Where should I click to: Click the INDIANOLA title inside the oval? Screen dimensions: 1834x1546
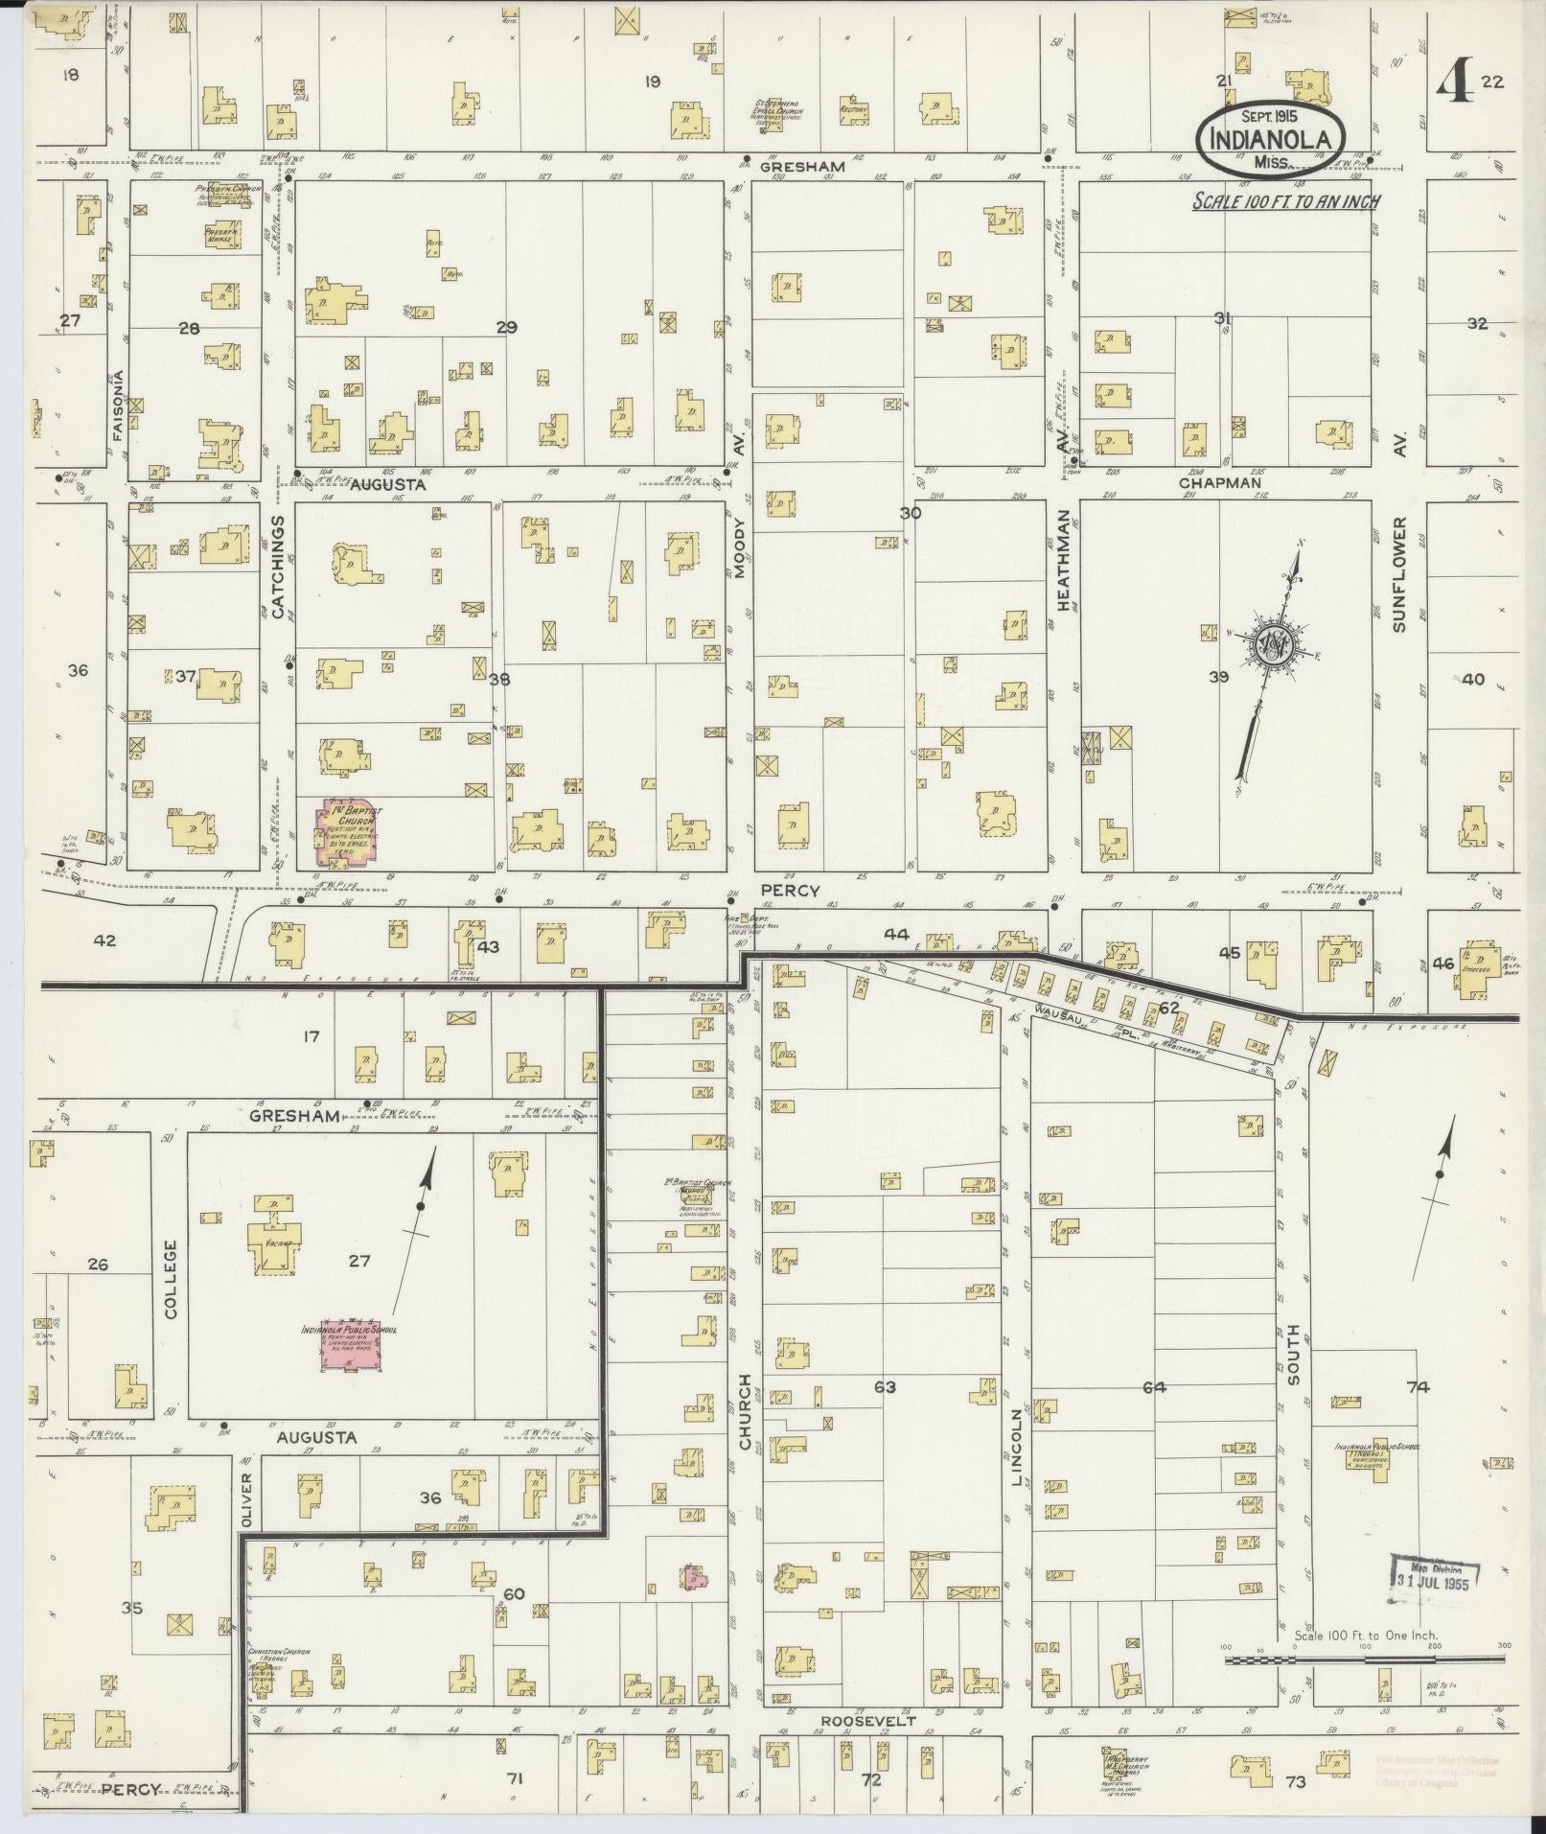pos(1271,138)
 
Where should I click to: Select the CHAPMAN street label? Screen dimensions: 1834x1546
pos(1219,483)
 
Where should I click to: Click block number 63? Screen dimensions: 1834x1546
pos(884,1387)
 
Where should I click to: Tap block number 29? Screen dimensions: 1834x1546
pos(506,328)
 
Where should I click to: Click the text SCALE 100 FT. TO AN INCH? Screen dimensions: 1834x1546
pos(1285,202)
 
